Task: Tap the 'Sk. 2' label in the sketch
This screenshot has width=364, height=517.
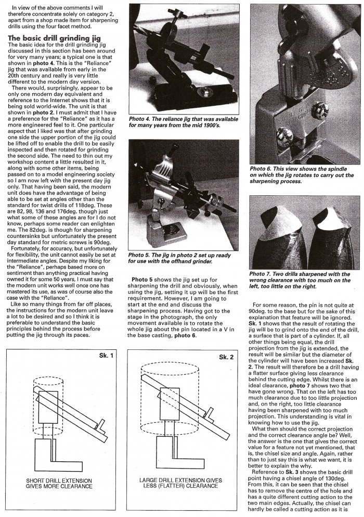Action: click(x=225, y=358)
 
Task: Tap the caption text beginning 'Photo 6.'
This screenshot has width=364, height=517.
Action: click(x=298, y=176)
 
